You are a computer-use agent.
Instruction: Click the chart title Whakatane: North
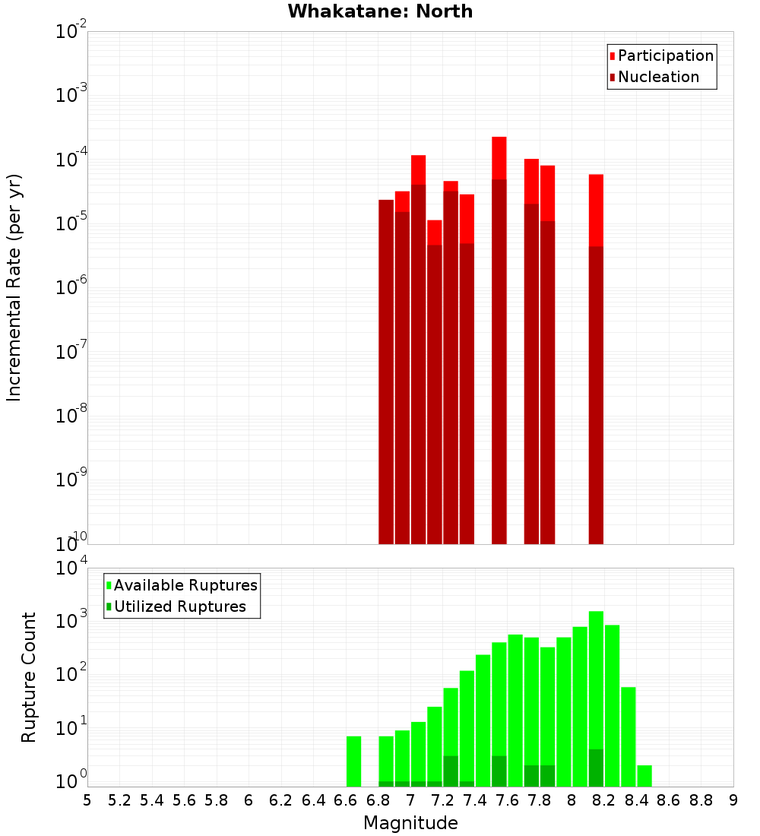click(x=380, y=11)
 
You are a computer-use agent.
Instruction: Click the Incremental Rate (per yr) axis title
click(x=14, y=287)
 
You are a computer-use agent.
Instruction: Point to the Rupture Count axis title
click(x=29, y=677)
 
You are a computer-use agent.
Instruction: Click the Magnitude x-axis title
click(x=410, y=822)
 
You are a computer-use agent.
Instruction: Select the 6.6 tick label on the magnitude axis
click(x=345, y=800)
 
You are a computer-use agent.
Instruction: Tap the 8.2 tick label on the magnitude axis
click(x=604, y=800)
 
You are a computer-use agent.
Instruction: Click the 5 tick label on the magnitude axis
click(x=87, y=800)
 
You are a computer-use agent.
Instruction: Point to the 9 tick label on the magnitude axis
click(x=733, y=800)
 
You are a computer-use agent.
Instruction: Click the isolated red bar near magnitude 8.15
click(x=596, y=357)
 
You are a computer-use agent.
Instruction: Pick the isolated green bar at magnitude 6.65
click(x=353, y=761)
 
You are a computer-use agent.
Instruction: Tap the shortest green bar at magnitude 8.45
click(x=644, y=775)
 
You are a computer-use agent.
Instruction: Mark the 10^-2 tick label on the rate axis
click(x=71, y=32)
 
